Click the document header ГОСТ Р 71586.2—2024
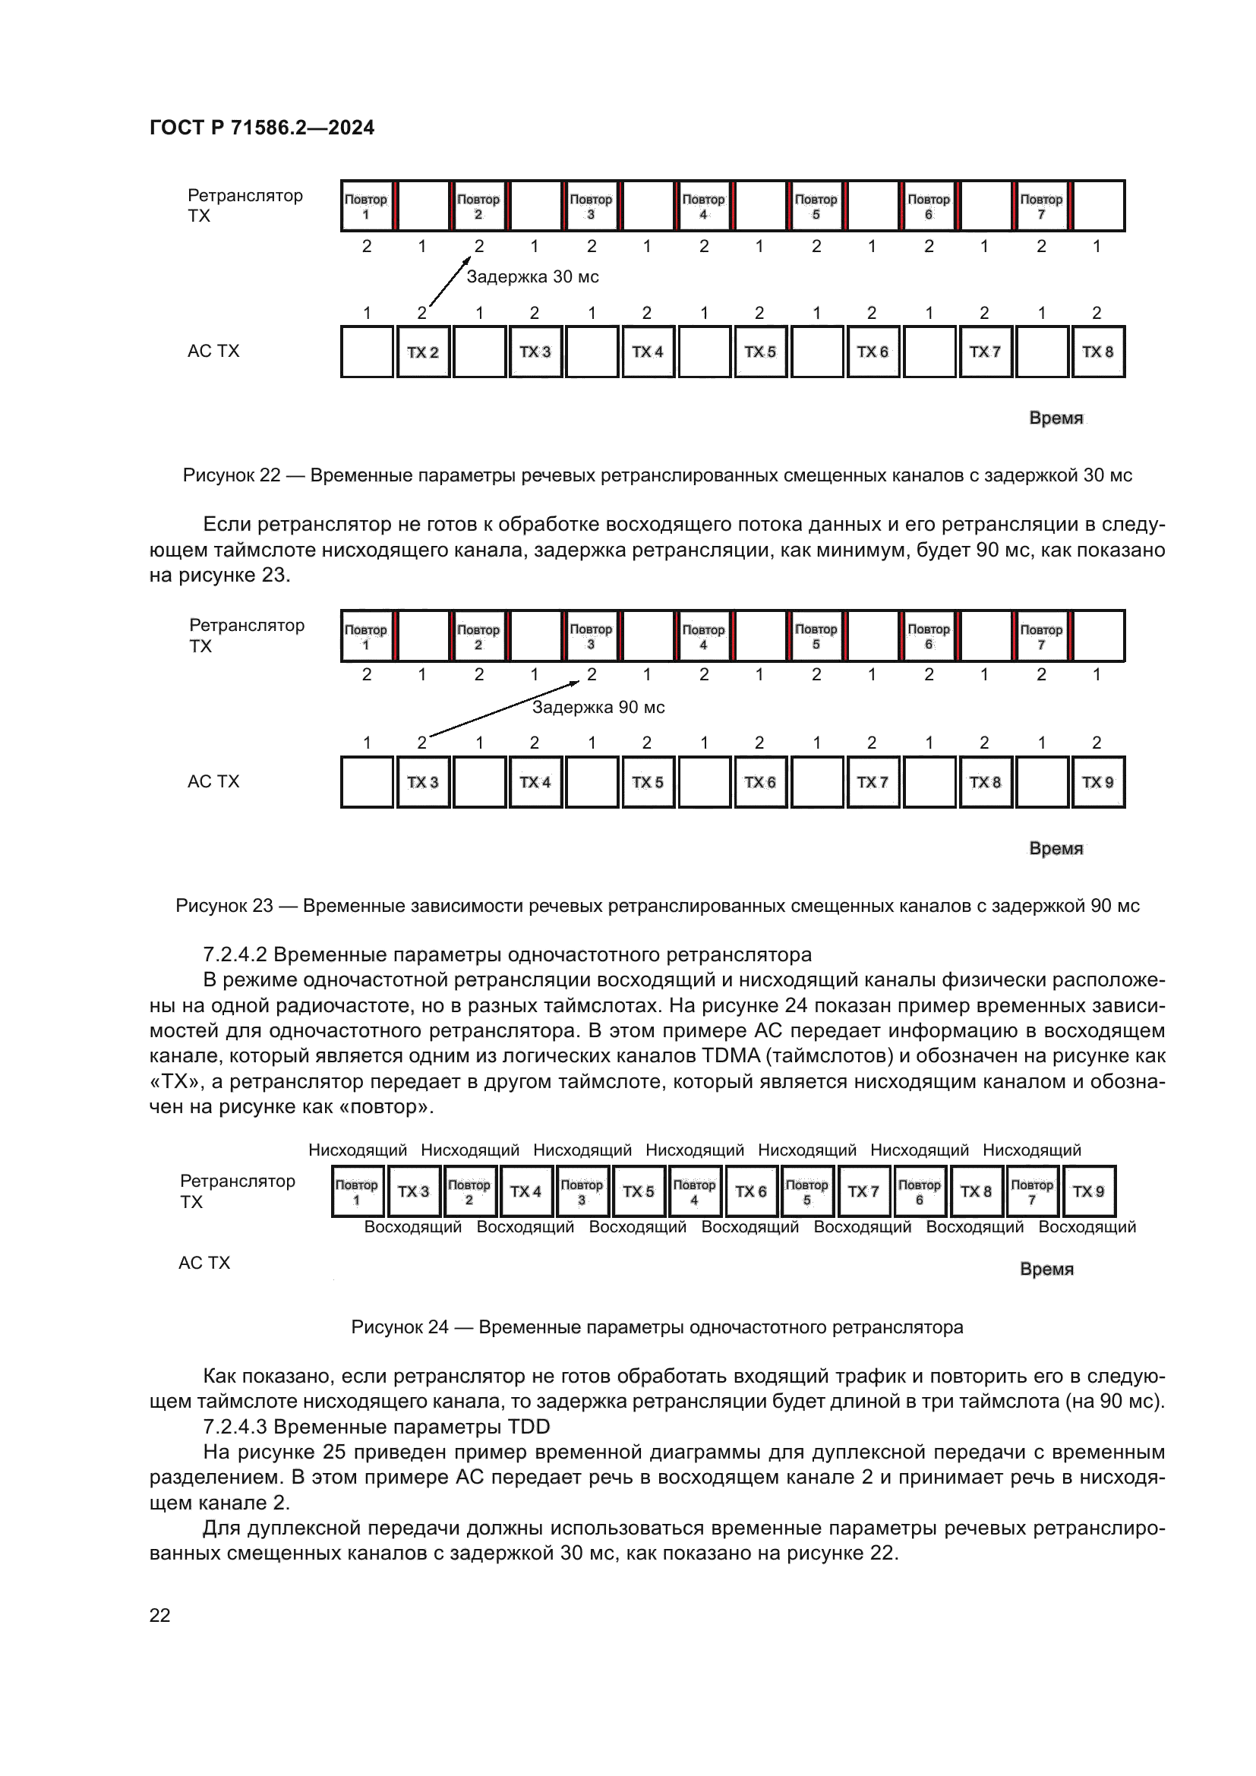(261, 128)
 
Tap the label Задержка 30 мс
(532, 277)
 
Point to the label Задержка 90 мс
(598, 707)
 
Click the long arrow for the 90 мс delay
(503, 708)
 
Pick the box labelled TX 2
(423, 352)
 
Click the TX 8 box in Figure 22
(1097, 352)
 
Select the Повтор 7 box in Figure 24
(1032, 1191)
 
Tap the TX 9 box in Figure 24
(1088, 1191)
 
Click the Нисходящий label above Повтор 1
(358, 1150)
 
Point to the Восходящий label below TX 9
(1087, 1227)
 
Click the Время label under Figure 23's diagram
(1056, 849)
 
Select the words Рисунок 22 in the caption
(232, 475)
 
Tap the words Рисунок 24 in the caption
(399, 1327)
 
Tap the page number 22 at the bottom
(159, 1615)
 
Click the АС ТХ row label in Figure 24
(204, 1263)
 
